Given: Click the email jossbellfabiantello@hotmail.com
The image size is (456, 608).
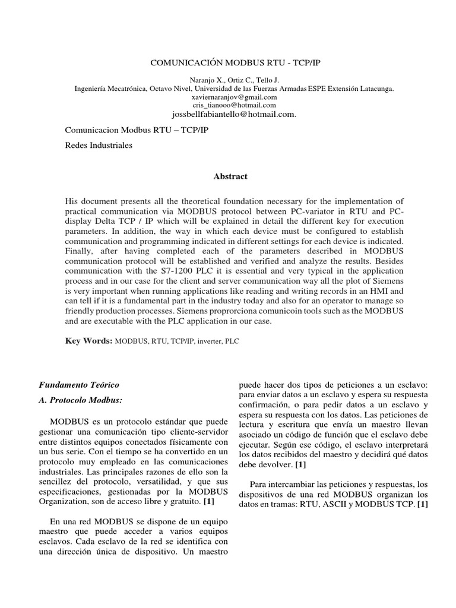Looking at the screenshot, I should point(234,114).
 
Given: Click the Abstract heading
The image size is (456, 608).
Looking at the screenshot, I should point(230,176).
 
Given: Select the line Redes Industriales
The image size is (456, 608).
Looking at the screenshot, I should point(99,145).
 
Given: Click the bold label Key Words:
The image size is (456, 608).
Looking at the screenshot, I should point(88,342).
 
